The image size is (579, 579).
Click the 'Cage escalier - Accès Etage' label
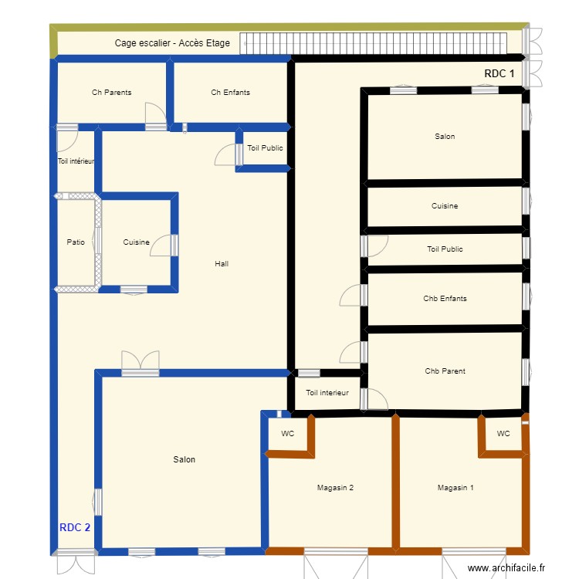(x=172, y=43)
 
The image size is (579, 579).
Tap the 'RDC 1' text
(x=499, y=73)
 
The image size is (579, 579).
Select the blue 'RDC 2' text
(x=75, y=528)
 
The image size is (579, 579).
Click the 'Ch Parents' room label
(x=111, y=93)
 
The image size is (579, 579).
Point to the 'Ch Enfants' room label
(x=230, y=93)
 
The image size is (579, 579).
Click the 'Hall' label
(x=222, y=264)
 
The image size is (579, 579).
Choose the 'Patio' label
(x=76, y=242)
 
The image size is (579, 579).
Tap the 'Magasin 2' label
(x=335, y=487)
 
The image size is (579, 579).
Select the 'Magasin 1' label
(x=455, y=487)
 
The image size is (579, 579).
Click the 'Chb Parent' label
(x=445, y=371)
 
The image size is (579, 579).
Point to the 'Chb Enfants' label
(x=445, y=299)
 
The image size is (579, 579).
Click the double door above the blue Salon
(x=140, y=362)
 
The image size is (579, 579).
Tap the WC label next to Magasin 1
(x=503, y=434)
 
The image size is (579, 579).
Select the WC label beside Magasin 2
(x=287, y=434)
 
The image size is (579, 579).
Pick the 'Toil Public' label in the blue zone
(x=265, y=148)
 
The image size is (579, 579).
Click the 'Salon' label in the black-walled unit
(x=445, y=137)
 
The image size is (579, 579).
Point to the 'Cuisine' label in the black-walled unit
(x=445, y=206)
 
